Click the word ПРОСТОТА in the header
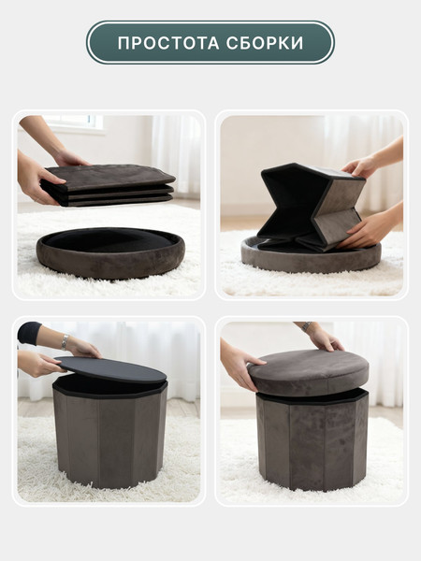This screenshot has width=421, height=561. (x=168, y=43)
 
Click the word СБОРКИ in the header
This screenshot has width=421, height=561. (x=265, y=43)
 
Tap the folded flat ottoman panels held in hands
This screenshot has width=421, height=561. (x=108, y=185)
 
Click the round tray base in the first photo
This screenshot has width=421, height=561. (x=110, y=252)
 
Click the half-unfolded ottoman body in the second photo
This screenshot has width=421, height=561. (x=311, y=207)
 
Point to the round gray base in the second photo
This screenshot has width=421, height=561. (x=311, y=256)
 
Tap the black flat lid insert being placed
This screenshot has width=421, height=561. (x=111, y=369)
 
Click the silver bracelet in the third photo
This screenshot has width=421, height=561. (x=65, y=342)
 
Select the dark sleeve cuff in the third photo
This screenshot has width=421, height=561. (x=29, y=333)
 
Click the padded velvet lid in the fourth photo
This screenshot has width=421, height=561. (x=309, y=372)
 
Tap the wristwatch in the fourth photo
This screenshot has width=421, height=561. (x=307, y=326)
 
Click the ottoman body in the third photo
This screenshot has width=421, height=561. (x=110, y=435)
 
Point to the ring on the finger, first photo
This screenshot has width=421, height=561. (x=36, y=197)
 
